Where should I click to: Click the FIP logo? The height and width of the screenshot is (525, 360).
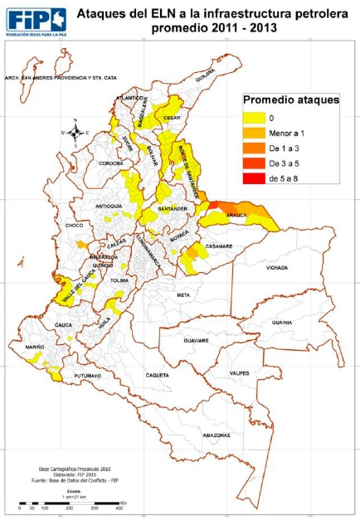[x=36, y=20]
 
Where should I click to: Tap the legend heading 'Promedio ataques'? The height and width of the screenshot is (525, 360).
[x=290, y=100]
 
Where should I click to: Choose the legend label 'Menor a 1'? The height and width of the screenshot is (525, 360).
[x=287, y=134]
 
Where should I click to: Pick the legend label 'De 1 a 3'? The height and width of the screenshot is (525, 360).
[x=285, y=148]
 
